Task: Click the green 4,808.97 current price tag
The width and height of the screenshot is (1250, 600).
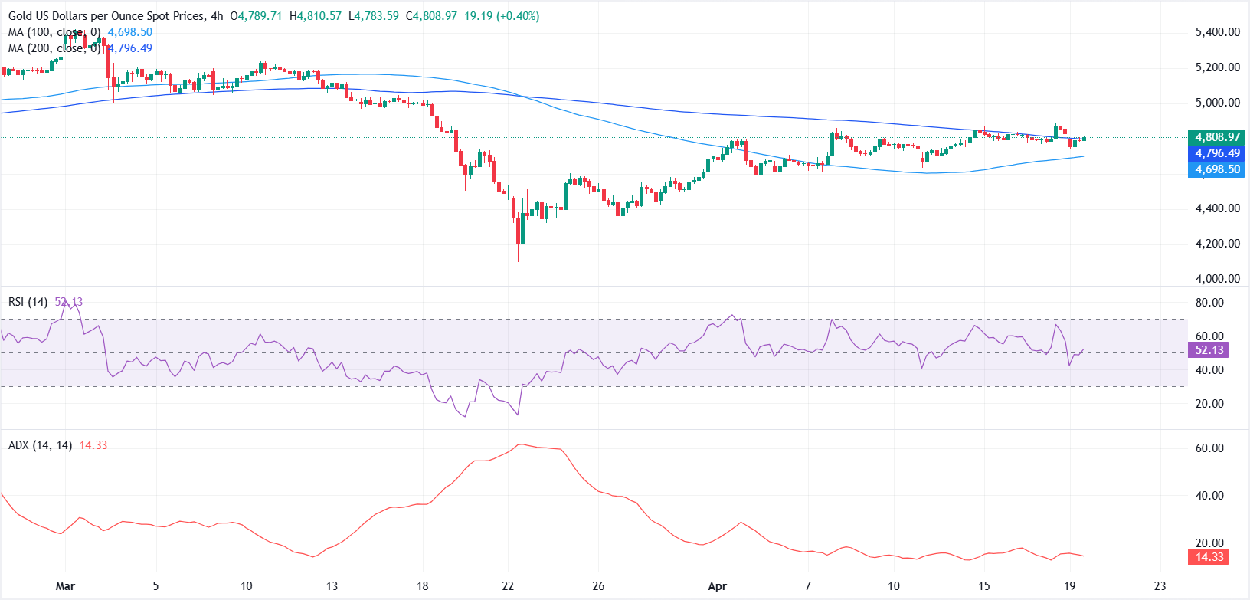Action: [x=1217, y=137]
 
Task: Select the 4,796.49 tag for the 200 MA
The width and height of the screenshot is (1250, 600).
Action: [x=1217, y=153]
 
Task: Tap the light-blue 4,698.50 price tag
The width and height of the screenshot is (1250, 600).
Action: [x=1217, y=169]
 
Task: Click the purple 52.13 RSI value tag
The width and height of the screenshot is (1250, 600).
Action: [x=1209, y=350]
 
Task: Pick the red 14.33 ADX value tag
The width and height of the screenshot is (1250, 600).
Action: [x=1209, y=557]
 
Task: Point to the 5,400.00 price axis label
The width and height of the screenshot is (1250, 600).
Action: [x=1217, y=32]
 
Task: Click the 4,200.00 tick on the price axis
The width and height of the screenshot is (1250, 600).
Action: [x=1217, y=244]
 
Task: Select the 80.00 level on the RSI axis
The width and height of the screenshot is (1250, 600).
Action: [x=1209, y=303]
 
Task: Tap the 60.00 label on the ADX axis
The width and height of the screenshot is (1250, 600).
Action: [x=1209, y=448]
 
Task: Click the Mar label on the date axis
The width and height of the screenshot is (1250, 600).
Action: [x=65, y=586]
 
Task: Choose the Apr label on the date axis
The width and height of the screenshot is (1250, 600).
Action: [x=717, y=586]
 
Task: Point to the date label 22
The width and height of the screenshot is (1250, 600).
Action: [x=508, y=586]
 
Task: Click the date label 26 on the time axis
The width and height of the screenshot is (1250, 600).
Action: [x=598, y=586]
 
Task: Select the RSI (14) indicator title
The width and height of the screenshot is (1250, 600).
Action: [x=29, y=302]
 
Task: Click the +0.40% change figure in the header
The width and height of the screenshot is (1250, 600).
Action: [x=519, y=16]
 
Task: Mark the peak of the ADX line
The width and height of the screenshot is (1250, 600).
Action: [x=522, y=444]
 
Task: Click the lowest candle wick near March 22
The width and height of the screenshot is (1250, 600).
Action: [x=519, y=261]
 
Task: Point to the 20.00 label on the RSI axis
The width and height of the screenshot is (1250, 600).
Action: [x=1209, y=404]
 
